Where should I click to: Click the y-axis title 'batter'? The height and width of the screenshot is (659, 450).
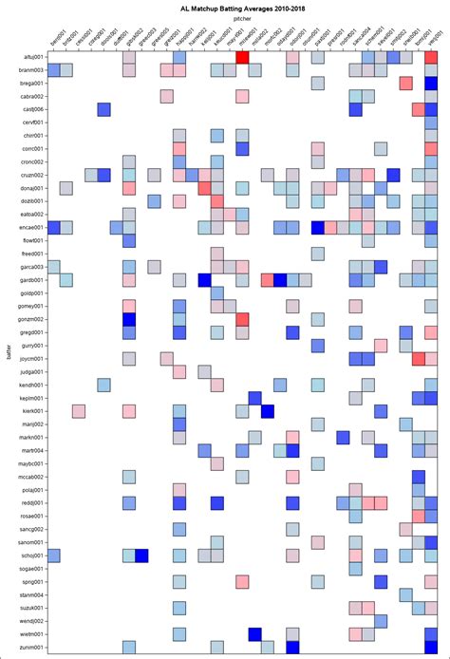(x=8, y=354)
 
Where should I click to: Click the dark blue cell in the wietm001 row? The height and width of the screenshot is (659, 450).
(x=254, y=633)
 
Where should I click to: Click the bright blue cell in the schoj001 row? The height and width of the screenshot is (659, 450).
(x=141, y=555)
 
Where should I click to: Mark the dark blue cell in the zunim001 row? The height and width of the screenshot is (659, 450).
(x=292, y=647)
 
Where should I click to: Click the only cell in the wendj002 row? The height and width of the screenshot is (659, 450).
(x=381, y=621)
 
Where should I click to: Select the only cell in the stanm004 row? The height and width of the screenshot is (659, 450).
(x=405, y=594)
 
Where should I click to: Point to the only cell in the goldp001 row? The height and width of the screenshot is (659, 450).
(x=216, y=293)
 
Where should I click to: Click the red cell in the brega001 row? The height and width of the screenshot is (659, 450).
(x=405, y=84)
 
